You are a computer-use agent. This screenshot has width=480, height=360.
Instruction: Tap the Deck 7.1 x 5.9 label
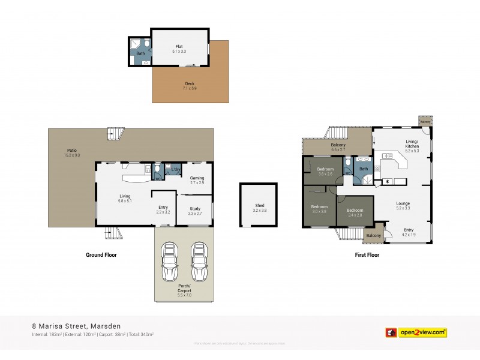point(189,86)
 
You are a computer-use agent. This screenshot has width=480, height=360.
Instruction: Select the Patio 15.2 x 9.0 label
point(71,153)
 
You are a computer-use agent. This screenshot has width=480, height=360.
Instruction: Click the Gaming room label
point(197,180)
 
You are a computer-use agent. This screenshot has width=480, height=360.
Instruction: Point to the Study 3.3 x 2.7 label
point(194,211)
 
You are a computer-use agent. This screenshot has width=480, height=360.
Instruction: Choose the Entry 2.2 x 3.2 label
point(163,209)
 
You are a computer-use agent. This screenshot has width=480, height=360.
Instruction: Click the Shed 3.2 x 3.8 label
point(259,208)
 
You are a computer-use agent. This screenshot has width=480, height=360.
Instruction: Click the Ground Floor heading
point(101,255)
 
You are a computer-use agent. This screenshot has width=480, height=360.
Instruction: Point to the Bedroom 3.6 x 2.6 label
point(325,172)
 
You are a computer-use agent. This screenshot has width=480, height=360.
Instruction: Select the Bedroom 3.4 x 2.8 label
point(355,212)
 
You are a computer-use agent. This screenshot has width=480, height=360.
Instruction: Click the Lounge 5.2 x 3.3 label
point(403,206)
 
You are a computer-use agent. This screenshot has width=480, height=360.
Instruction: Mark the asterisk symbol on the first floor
point(387,182)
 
